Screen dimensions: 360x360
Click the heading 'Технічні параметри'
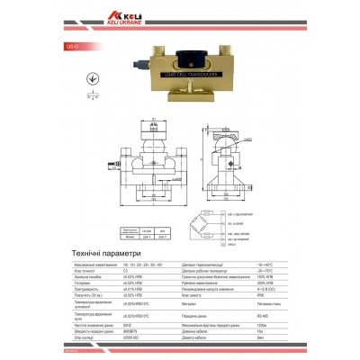point(114,255)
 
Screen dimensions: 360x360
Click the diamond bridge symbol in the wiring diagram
point(206,220)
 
